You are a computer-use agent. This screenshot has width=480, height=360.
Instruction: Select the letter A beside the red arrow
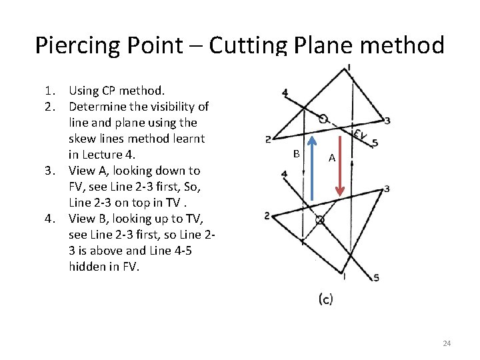(x=331, y=159)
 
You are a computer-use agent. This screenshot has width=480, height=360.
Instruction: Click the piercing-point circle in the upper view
(x=323, y=119)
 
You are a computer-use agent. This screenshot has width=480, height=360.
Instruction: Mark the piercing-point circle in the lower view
(x=319, y=219)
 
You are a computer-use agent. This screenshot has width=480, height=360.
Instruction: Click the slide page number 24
(x=447, y=343)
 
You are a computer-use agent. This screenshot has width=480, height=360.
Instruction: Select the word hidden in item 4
(x=85, y=267)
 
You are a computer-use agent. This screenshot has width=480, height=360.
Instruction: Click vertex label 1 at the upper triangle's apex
(x=349, y=67)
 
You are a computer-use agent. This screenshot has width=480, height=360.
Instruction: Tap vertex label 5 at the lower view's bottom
(x=377, y=277)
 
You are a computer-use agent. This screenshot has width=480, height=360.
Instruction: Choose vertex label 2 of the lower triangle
(x=267, y=216)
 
